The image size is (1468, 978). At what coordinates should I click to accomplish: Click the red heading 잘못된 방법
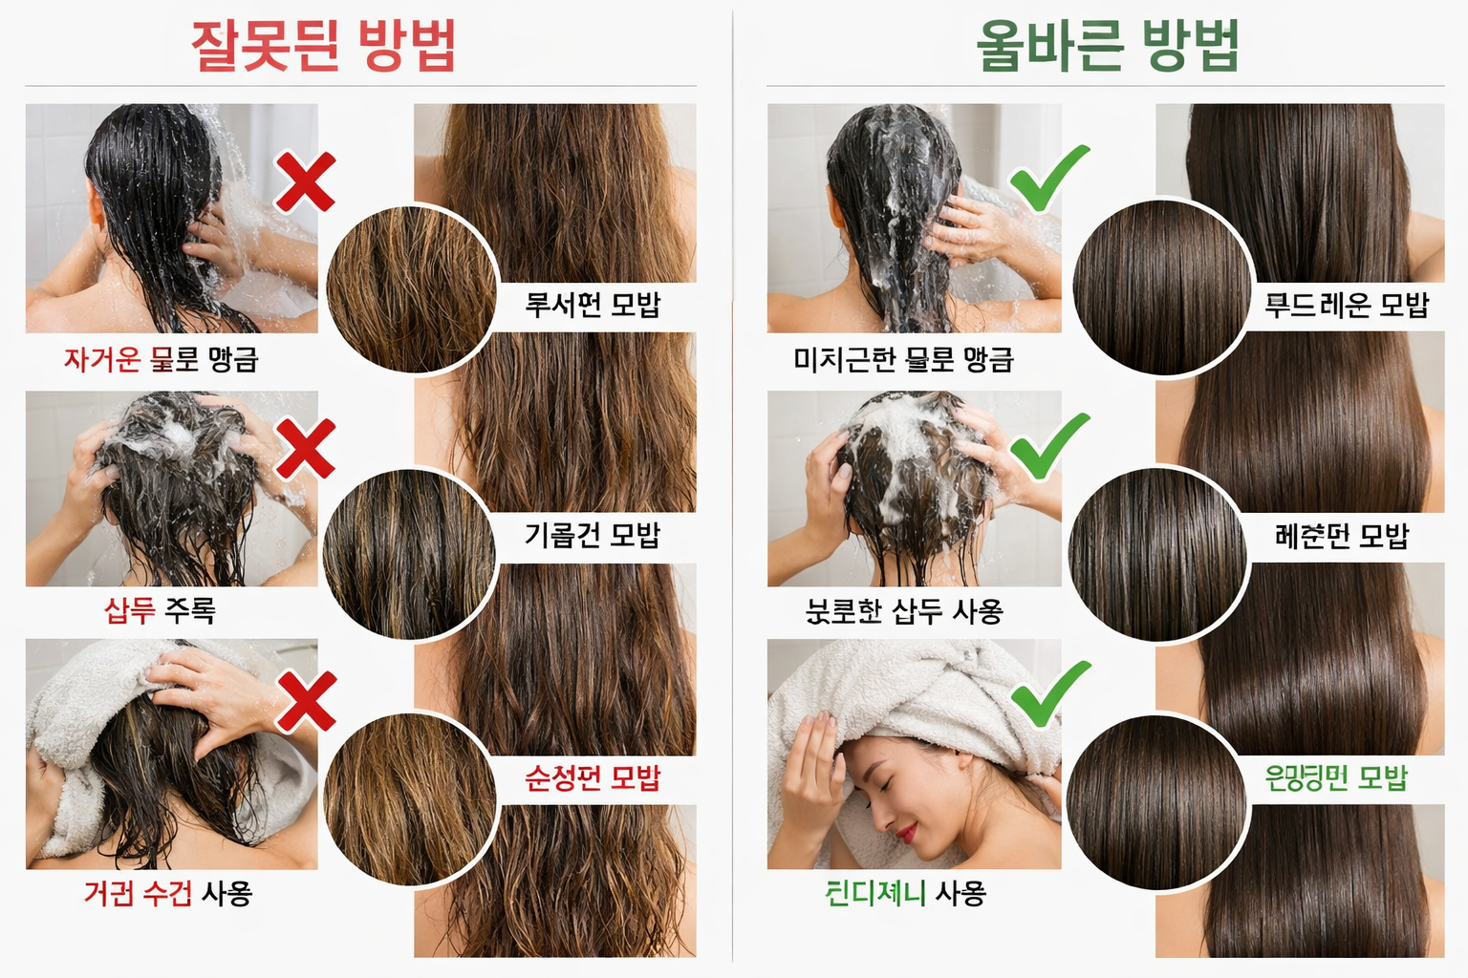click(324, 45)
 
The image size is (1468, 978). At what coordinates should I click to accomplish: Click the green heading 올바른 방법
click(1107, 45)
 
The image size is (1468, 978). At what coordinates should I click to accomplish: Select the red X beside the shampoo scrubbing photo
click(306, 448)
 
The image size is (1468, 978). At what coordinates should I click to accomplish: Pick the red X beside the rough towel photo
click(307, 700)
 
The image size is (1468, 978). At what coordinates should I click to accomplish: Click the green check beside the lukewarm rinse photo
click(1049, 179)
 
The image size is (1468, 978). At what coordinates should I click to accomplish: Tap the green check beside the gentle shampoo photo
click(1049, 446)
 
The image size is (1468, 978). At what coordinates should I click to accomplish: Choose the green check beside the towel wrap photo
click(1050, 693)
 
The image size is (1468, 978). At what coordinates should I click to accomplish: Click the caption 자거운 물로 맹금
click(162, 359)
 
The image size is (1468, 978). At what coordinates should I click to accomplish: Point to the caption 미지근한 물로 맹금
click(903, 359)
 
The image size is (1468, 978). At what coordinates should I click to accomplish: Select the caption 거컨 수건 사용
click(168, 893)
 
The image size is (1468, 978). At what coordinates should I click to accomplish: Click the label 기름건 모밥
click(593, 535)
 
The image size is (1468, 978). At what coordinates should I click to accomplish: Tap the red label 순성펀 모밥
click(593, 778)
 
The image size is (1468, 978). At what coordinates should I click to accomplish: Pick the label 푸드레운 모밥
click(1346, 305)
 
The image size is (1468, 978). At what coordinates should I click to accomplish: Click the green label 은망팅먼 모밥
click(1336, 778)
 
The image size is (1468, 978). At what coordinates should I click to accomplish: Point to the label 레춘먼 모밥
click(1342, 535)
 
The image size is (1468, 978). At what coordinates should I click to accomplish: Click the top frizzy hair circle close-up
click(412, 289)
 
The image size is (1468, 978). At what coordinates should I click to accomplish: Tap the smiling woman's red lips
click(905, 833)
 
